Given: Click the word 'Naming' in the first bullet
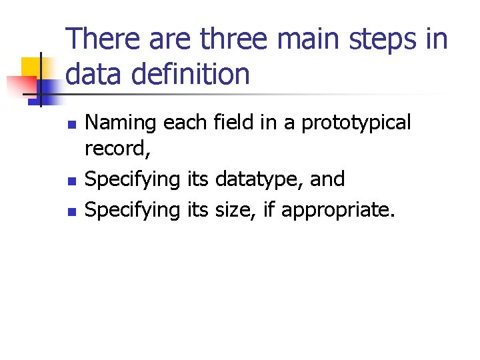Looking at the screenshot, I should tap(121, 124).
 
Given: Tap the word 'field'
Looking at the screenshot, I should tap(230, 123).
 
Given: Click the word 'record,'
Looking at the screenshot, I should tap(118, 149).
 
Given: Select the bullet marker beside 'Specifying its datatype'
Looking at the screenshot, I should tap(73, 180).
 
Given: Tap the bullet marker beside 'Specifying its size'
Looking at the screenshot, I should tap(73, 211).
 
